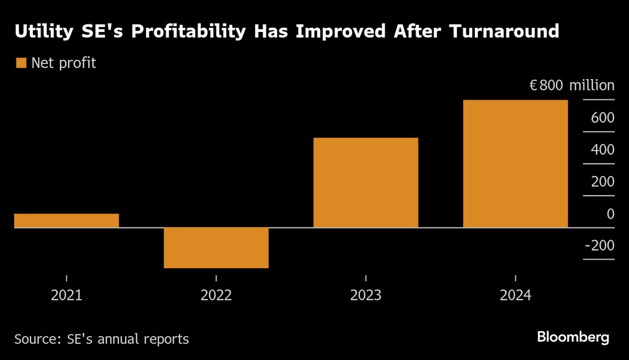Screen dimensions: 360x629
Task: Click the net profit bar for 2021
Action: click(x=67, y=220)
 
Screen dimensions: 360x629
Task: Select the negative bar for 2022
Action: click(x=216, y=247)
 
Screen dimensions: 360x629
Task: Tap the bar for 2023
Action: click(x=365, y=182)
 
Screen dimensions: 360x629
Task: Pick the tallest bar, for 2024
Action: click(x=515, y=163)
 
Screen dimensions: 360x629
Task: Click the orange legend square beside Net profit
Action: click(x=21, y=63)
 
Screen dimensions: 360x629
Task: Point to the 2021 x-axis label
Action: click(x=67, y=295)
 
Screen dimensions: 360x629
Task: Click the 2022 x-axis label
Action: click(x=216, y=295)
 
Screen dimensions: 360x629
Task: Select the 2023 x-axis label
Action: click(x=365, y=295)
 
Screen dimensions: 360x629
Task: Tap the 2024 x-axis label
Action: click(x=515, y=295)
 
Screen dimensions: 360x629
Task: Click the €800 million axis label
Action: click(x=572, y=85)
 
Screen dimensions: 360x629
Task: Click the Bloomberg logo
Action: click(x=573, y=337)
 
